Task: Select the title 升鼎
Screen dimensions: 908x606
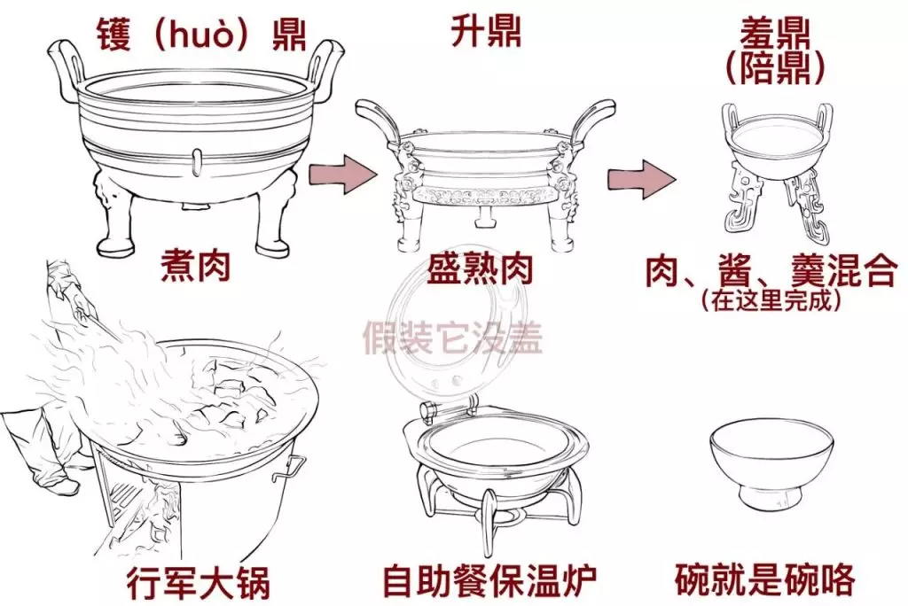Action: [486, 31]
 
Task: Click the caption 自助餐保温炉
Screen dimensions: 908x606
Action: [489, 580]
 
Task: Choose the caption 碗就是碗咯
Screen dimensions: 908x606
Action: [765, 580]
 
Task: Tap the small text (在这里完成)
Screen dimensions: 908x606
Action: [771, 299]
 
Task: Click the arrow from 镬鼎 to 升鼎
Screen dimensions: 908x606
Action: [342, 173]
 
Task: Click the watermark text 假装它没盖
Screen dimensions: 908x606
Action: [452, 338]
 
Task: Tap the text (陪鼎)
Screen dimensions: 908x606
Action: [774, 68]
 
